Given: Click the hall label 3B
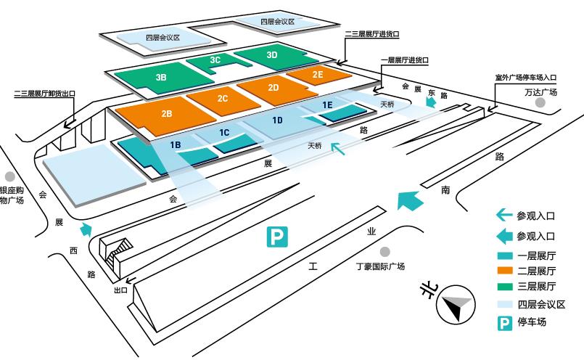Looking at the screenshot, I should coord(161,75).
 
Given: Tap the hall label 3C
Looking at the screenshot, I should coord(215,61).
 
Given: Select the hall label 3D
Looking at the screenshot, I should coord(272,54).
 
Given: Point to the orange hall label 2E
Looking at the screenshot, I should coord(318,75).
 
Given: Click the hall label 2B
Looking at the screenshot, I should coord(167,114).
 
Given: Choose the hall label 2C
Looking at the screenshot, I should coord(223,99).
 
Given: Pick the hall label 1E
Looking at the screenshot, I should coord(327,105).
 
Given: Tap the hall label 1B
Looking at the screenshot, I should coord(175,145).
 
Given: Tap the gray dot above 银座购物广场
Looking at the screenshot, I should coord(10,176).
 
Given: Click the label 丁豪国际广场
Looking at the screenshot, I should coord(380,266).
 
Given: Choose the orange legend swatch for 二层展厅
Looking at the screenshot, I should coord(505,271).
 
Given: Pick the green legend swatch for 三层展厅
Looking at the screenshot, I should coord(505,287).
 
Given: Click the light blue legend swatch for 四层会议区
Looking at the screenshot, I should coord(505,305).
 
